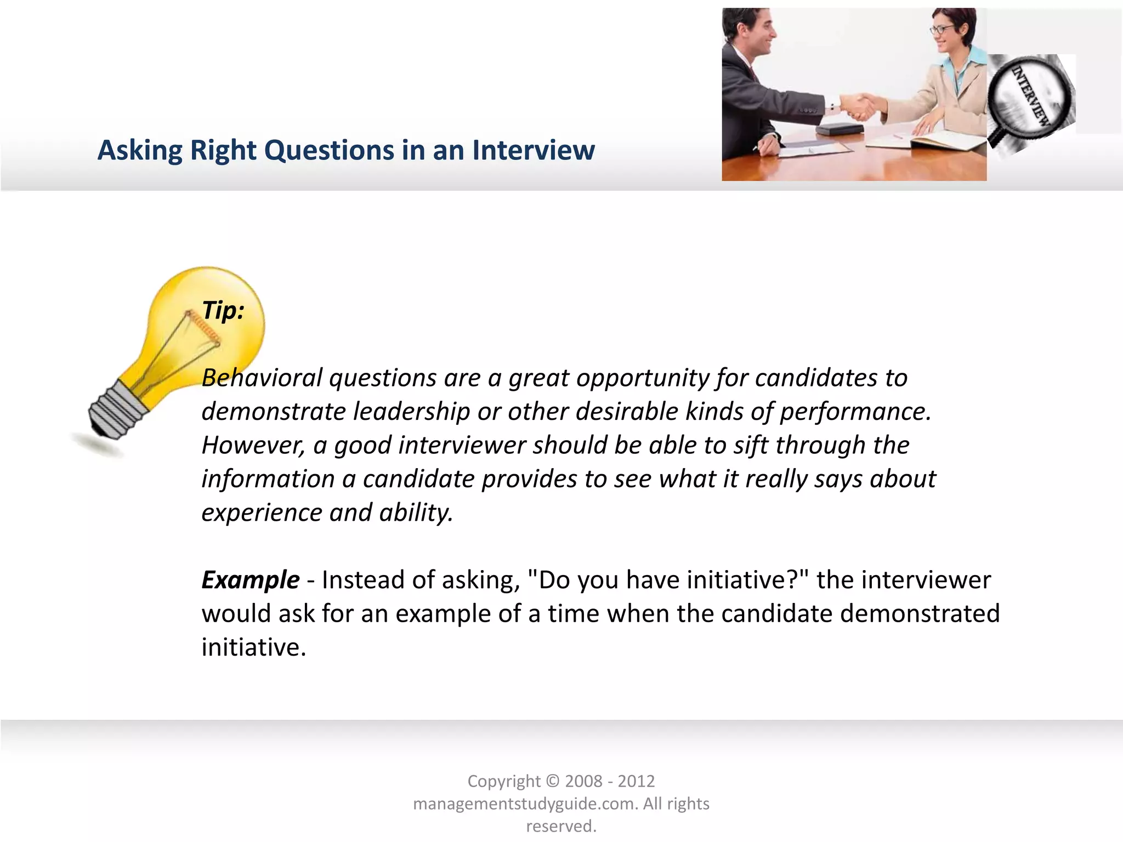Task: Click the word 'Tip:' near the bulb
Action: [x=223, y=311]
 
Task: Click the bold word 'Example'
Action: [x=251, y=580]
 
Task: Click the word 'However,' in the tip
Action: [x=253, y=446]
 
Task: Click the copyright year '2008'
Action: [x=583, y=781]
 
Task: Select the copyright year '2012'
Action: [x=636, y=781]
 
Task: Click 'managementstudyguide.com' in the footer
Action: [x=525, y=804]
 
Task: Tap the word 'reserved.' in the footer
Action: [x=561, y=826]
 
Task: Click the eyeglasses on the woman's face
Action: [x=941, y=29]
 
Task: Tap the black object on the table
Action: [x=840, y=130]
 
